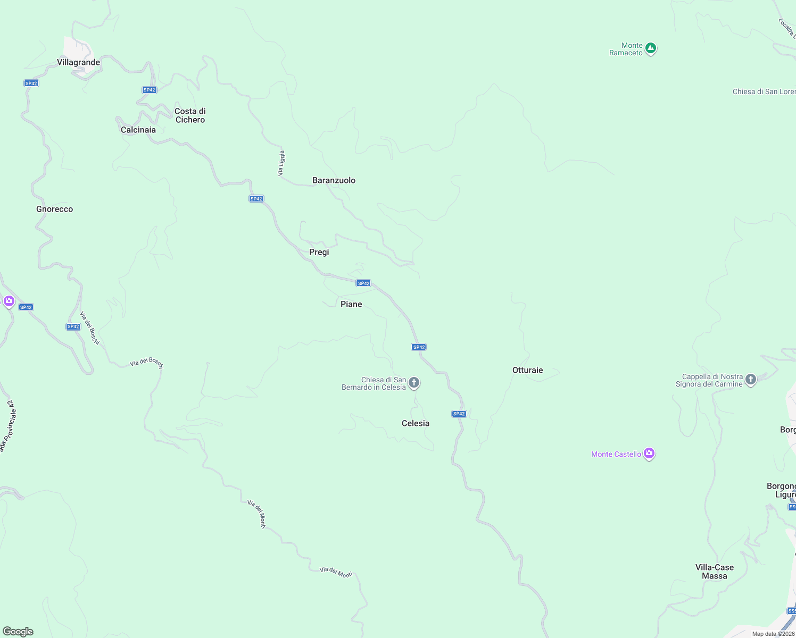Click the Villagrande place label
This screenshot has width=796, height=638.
point(78,62)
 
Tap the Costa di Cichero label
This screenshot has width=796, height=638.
point(190,115)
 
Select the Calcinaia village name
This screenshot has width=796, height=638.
point(138,130)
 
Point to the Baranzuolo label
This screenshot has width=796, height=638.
point(334,180)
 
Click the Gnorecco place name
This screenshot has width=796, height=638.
point(54,209)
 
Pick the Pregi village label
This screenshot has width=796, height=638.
point(319,252)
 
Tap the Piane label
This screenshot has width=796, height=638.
point(351,304)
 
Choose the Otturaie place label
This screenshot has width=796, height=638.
point(527,370)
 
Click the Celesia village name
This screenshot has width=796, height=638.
point(416,423)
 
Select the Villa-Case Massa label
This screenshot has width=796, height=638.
point(714,572)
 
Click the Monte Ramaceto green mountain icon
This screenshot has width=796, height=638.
point(650,49)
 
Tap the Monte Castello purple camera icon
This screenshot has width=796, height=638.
point(649,454)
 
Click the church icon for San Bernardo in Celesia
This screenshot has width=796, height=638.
point(414,383)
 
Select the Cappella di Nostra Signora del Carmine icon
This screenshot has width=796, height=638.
point(751,380)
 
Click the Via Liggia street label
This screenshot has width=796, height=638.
point(281,163)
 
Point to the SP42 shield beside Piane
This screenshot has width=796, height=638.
point(363,283)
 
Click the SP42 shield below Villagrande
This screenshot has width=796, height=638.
point(31,83)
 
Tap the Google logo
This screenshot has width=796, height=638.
point(18,632)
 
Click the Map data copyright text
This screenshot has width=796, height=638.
point(773,634)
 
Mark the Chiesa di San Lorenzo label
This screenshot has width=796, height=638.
point(764,91)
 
